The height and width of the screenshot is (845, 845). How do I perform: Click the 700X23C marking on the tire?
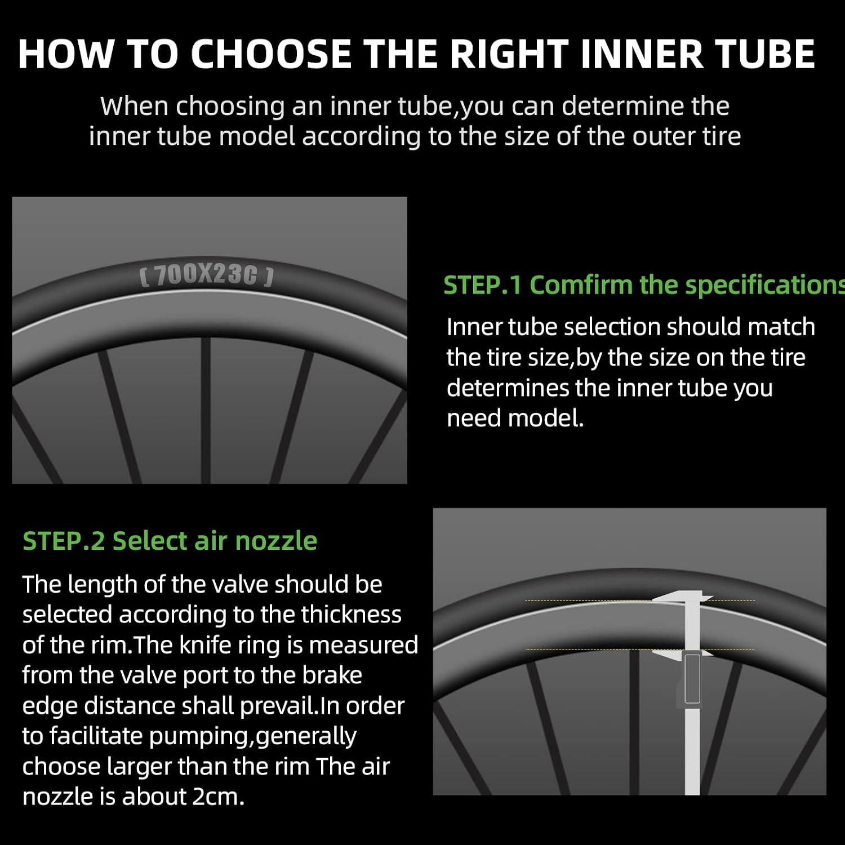(207, 275)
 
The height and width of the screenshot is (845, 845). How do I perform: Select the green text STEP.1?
(483, 285)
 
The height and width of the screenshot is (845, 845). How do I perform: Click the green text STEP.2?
(64, 541)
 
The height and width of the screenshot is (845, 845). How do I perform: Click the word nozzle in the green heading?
(276, 541)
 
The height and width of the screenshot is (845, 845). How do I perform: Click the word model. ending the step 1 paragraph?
(546, 419)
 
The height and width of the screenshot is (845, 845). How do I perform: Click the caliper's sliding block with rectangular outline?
(692, 678)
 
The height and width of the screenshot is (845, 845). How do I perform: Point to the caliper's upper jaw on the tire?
(682, 597)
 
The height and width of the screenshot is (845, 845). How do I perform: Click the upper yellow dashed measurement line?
(640, 601)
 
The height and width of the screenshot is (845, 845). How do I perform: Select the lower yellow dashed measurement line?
(640, 649)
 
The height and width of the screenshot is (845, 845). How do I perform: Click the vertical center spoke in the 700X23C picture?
(206, 410)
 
